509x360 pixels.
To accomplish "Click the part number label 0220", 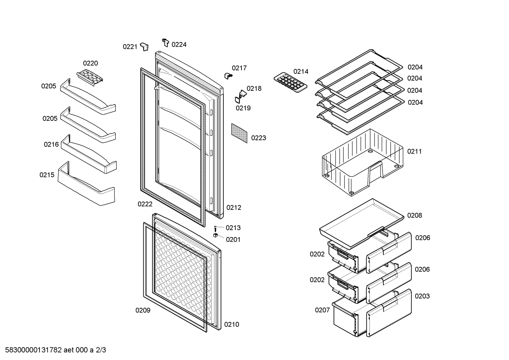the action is click(x=90, y=63).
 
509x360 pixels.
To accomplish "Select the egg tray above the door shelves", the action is click(x=90, y=78).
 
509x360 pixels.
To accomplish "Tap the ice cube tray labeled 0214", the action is click(x=291, y=83).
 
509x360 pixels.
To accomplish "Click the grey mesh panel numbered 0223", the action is click(x=239, y=133).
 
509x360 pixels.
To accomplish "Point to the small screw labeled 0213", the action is click(x=215, y=229).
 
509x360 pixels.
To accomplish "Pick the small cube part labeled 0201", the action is click(x=215, y=235).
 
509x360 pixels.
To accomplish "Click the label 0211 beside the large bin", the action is click(x=414, y=152).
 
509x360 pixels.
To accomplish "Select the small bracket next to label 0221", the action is click(x=144, y=47).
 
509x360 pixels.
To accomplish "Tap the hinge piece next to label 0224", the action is click(x=166, y=42).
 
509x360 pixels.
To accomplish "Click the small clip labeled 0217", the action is click(x=228, y=76).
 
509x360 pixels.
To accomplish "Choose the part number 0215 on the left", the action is click(x=47, y=175).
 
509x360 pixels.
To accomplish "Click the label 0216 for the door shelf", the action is click(x=51, y=144).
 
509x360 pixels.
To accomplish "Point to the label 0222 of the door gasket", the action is click(x=145, y=204).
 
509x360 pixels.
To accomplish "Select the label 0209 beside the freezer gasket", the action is click(x=143, y=310).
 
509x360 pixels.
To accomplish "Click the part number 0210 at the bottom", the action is click(x=232, y=325).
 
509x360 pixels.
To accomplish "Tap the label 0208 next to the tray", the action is click(x=414, y=216).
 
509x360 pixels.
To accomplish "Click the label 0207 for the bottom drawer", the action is click(x=322, y=310).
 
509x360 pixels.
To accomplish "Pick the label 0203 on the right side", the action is click(x=422, y=296).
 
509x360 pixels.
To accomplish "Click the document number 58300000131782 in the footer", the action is click(x=34, y=350).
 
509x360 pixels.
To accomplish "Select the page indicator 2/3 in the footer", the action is click(x=101, y=350).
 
